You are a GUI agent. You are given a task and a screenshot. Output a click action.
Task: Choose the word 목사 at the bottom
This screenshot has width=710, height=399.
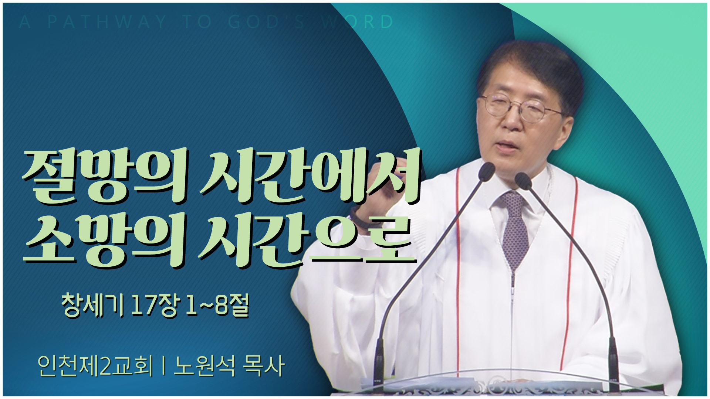(263, 366)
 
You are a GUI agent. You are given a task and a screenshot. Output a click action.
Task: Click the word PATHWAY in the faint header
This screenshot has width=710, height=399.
(107, 22)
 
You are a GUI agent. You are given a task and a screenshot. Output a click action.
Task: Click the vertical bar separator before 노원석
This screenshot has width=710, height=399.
(163, 366)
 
